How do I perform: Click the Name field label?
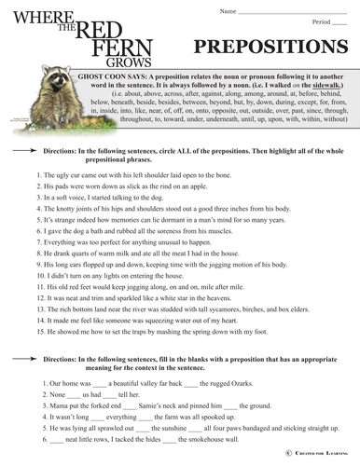[x=227, y=10]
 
